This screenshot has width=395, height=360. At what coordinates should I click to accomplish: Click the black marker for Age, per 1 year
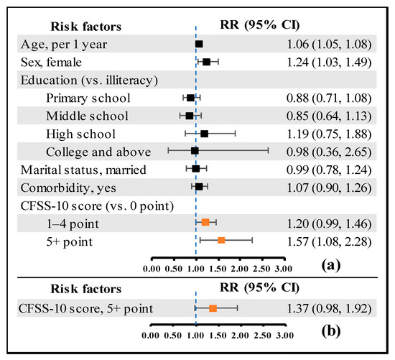(199, 45)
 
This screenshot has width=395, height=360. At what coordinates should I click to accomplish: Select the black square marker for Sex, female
(207, 63)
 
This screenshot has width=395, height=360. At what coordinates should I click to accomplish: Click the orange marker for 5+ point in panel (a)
(221, 240)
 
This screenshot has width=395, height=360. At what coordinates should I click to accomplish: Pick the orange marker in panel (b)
(213, 308)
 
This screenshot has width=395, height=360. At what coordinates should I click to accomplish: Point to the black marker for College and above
(195, 151)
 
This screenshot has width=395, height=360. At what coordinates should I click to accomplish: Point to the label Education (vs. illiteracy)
(89, 80)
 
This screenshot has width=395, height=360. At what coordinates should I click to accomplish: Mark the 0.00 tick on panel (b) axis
(152, 334)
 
